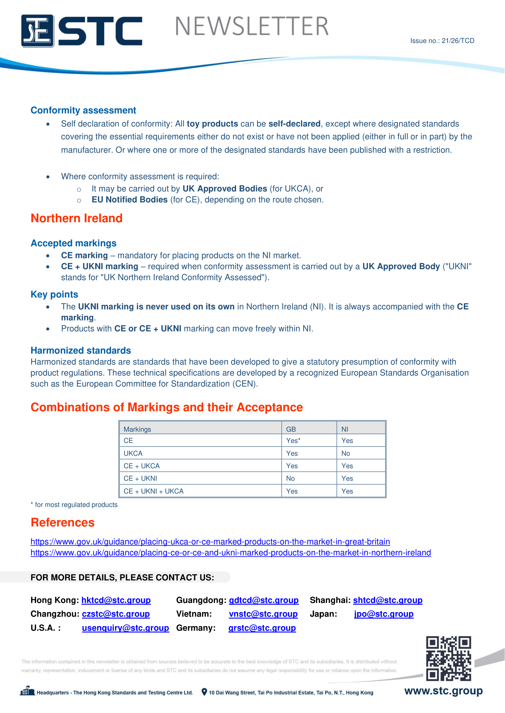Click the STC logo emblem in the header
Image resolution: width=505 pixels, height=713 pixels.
point(37,31)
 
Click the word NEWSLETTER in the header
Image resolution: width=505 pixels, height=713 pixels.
point(252,27)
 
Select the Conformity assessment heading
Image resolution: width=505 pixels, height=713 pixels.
point(83,110)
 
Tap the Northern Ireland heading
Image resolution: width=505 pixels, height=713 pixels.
point(77,218)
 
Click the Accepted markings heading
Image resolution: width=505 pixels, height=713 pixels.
point(73,243)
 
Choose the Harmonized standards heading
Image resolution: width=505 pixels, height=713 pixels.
point(81,350)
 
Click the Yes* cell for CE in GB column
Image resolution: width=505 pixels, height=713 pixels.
point(293,441)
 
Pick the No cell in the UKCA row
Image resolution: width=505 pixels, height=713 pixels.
point(346,453)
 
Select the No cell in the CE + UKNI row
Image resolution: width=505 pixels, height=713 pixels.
point(290,479)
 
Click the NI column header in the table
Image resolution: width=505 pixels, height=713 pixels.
point(344,429)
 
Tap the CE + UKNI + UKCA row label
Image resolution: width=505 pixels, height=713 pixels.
point(154,491)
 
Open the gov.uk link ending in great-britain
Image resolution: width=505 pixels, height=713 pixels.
point(210,542)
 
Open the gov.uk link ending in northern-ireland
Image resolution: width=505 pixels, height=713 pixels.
point(231,553)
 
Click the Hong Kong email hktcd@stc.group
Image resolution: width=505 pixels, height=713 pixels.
point(116,600)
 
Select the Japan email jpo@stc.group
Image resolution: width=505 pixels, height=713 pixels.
point(384,614)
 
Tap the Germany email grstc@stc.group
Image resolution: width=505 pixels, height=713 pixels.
point(262,628)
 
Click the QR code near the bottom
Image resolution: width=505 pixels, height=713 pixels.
point(449,658)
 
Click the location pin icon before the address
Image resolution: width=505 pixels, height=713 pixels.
point(204,692)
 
